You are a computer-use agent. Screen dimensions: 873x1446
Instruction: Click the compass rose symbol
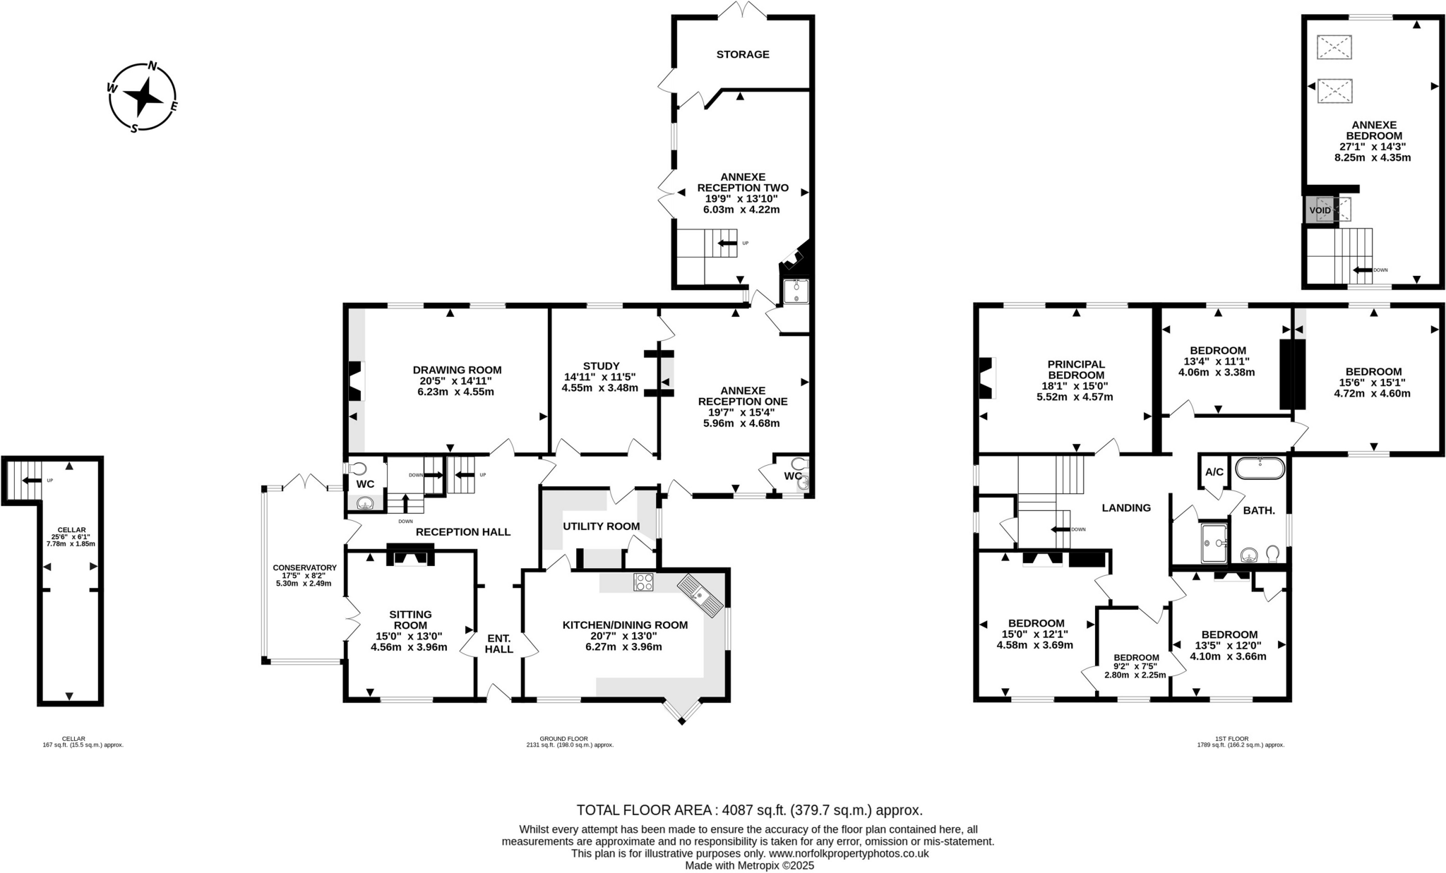(x=143, y=97)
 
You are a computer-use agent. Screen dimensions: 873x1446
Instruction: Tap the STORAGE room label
(x=742, y=54)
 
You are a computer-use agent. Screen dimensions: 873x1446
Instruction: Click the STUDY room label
(x=601, y=366)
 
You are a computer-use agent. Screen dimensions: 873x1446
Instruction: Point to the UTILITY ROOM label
(x=601, y=526)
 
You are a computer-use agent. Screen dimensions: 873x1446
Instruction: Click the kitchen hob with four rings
(x=643, y=582)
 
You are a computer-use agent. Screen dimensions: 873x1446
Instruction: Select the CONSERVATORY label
(x=304, y=567)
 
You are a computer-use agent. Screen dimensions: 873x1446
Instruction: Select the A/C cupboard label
(x=1214, y=472)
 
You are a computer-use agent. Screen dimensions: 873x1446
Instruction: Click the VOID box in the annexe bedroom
(x=1320, y=210)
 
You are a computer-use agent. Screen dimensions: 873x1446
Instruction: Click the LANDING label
(x=1126, y=507)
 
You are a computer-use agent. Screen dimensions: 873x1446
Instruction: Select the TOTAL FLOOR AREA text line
(x=749, y=810)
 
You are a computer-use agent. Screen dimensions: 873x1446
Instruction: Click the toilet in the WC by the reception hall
(x=357, y=468)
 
